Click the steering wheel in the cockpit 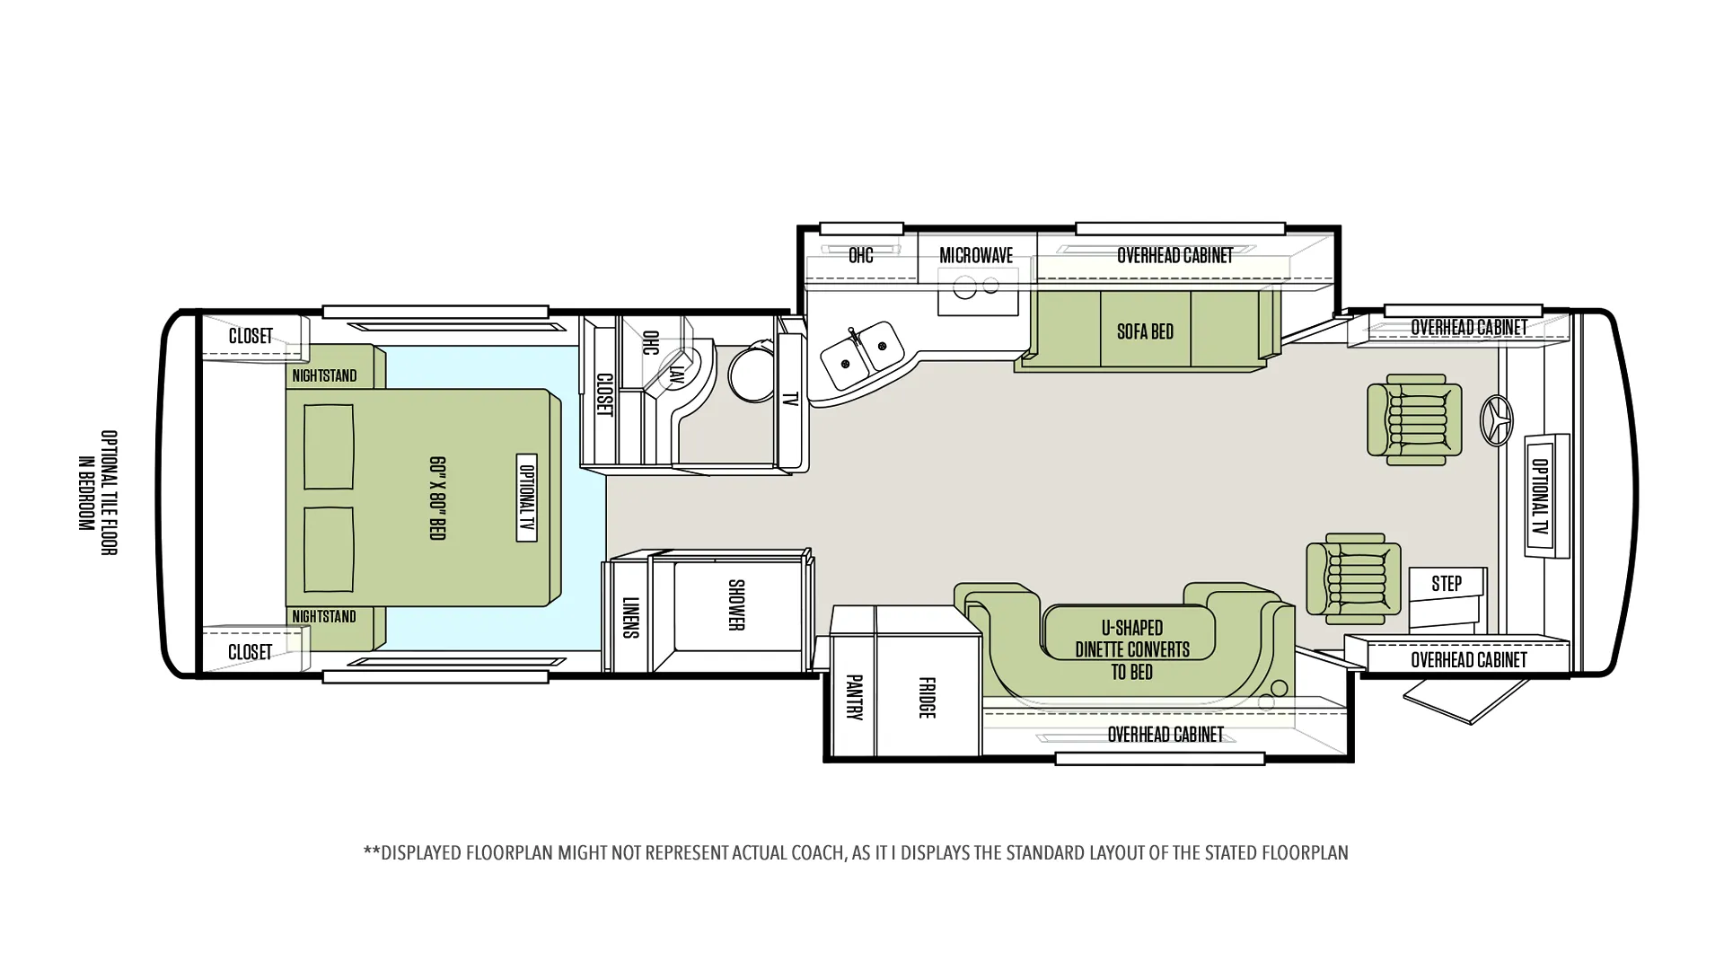[x=1496, y=420]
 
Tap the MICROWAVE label [x=976, y=255]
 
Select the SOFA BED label [x=1145, y=331]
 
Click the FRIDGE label [x=928, y=697]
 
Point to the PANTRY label [x=854, y=697]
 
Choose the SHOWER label [x=736, y=604]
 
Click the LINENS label [x=630, y=617]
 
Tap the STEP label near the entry [x=1446, y=584]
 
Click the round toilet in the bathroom [x=752, y=372]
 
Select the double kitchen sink [x=861, y=354]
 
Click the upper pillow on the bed [x=329, y=446]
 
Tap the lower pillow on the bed [x=329, y=550]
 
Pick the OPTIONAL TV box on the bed [x=527, y=498]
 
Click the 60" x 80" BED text [x=437, y=498]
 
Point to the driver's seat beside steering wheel [x=1413, y=419]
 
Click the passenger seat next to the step [x=1353, y=578]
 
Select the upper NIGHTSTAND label [x=324, y=375]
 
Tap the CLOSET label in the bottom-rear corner [x=250, y=652]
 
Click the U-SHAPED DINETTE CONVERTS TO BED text [x=1132, y=649]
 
